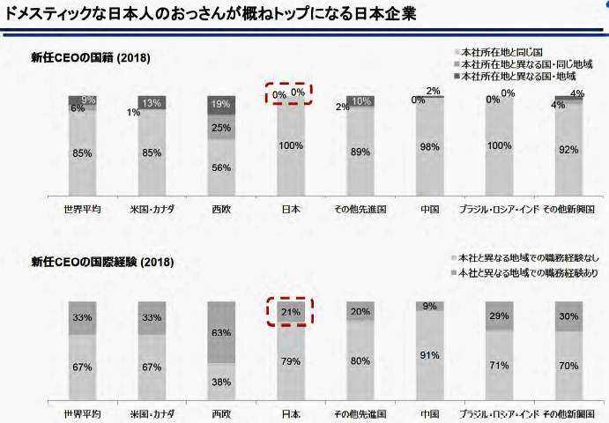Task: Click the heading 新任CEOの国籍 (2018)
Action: (91, 58)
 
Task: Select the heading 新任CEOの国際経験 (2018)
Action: (102, 262)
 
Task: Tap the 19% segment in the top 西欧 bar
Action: (221, 104)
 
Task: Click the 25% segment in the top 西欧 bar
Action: (221, 128)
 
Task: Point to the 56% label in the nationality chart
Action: (221, 168)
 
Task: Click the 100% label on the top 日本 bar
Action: (291, 146)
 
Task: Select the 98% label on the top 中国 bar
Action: (429, 147)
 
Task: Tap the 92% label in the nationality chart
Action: (568, 150)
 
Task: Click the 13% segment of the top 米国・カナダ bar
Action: (152, 102)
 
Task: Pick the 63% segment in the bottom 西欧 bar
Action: (221, 333)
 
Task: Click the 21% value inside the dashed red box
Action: (291, 312)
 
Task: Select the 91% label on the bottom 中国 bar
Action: (429, 356)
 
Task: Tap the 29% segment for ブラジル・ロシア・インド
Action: (499, 315)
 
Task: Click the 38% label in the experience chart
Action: (221, 382)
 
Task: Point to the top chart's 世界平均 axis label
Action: (82, 210)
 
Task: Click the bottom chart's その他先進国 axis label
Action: (360, 412)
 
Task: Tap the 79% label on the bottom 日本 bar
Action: (291, 360)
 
